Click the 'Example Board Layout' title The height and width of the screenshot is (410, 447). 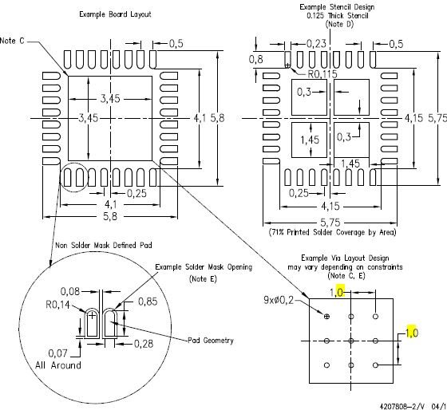tap(115, 14)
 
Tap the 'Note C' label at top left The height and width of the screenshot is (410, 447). tap(12, 41)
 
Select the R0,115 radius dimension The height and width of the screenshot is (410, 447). tap(322, 74)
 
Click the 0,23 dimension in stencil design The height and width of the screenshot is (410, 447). tap(316, 44)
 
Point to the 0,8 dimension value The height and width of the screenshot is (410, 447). tap(255, 59)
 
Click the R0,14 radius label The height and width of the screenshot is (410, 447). tap(57, 305)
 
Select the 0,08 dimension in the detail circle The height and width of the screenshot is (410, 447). tap(70, 291)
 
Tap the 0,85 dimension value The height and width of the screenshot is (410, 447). tap(148, 302)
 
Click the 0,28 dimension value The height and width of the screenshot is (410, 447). tap(144, 344)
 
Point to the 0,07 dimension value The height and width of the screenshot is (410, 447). tap(57, 353)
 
